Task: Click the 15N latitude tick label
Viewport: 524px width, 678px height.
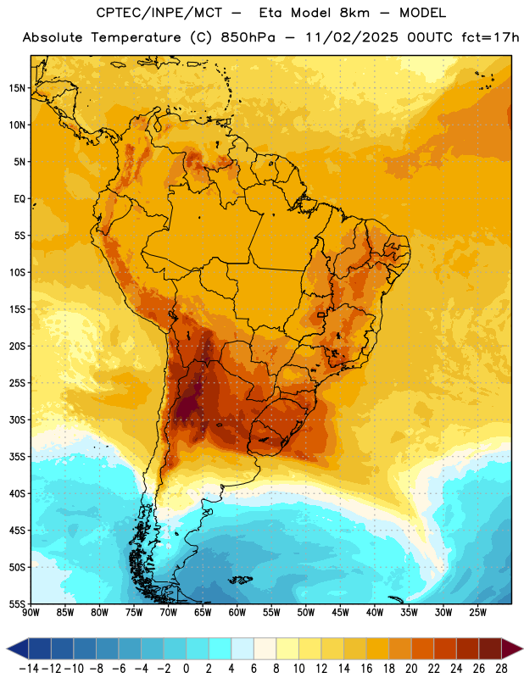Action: pyautogui.click(x=17, y=88)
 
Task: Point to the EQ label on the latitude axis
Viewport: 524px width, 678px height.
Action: pyautogui.click(x=20, y=199)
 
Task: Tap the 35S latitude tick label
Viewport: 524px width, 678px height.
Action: pyautogui.click(x=17, y=457)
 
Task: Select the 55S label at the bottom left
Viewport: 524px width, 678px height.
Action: pyautogui.click(x=17, y=603)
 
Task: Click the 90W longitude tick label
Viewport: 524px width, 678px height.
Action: pyautogui.click(x=31, y=613)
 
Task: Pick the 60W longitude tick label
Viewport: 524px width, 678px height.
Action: pyautogui.click(x=237, y=613)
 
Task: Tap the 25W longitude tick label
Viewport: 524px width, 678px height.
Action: pyautogui.click(x=477, y=613)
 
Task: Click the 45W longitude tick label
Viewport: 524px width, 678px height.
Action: pyautogui.click(x=341, y=613)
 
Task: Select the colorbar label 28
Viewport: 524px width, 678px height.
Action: pyautogui.click(x=501, y=669)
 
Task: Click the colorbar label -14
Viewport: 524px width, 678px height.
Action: pyautogui.click(x=29, y=669)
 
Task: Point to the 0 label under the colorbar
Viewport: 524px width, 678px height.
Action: pyautogui.click(x=186, y=669)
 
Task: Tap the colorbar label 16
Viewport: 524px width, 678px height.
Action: pyautogui.click(x=366, y=669)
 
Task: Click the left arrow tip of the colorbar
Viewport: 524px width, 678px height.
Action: pyautogui.click(x=7, y=649)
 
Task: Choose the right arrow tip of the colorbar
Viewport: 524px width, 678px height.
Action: pyautogui.click(x=522, y=649)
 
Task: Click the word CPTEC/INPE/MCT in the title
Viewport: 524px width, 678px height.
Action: pyautogui.click(x=159, y=14)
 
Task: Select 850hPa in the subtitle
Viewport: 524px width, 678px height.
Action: pyautogui.click(x=248, y=37)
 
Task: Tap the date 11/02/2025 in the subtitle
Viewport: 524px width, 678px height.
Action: pyautogui.click(x=352, y=37)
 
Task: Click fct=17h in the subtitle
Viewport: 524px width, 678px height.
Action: pyautogui.click(x=490, y=37)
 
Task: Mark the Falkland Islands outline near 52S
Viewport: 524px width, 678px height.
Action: pyautogui.click(x=240, y=580)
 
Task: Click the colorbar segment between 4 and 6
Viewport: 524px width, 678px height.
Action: pyautogui.click(x=242, y=649)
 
